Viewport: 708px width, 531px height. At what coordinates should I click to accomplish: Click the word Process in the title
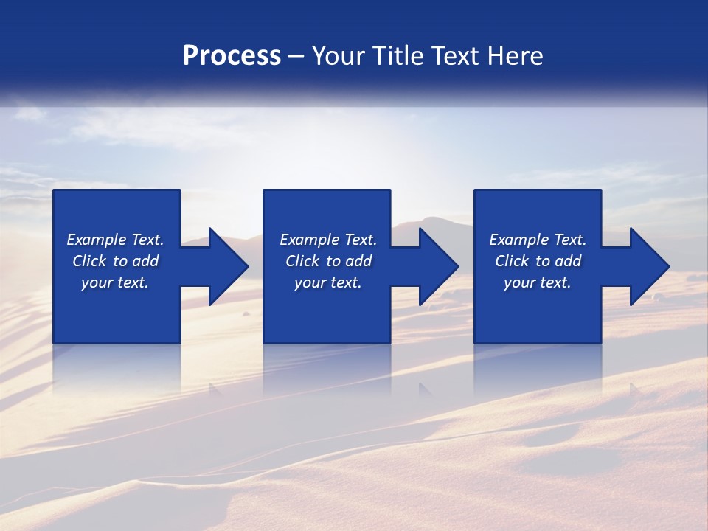232,56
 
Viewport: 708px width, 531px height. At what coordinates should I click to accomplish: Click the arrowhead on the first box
225,266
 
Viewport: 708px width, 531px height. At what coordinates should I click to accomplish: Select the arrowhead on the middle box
436,266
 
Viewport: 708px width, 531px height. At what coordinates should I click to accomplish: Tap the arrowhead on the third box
647,266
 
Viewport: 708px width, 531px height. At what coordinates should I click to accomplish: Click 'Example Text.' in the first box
115,240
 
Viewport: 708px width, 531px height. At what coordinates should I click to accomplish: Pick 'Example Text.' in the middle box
328,240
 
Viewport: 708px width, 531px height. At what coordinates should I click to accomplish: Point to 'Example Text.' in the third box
538,240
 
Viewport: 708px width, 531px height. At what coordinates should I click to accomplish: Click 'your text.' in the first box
115,282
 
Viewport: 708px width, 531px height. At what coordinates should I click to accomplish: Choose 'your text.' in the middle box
328,282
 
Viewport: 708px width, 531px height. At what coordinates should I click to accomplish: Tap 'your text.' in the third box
538,282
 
